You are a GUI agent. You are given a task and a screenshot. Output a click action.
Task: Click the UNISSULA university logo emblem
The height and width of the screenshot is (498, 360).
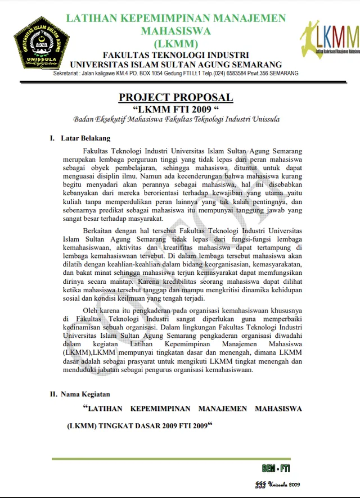pos(41,42)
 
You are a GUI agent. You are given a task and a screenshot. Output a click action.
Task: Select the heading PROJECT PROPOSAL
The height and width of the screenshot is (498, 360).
pos(175,97)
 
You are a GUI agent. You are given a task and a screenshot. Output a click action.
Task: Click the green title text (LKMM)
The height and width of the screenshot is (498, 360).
pos(175,43)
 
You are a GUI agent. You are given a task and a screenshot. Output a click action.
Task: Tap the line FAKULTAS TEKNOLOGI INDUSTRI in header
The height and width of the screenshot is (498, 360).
pos(175,55)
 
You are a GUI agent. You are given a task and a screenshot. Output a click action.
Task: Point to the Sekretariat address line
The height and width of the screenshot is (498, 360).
pos(175,74)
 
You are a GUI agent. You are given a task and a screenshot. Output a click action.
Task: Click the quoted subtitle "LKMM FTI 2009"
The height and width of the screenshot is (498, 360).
pos(175,109)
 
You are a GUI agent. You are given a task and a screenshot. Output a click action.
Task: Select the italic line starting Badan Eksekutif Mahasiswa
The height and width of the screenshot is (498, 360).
pos(175,119)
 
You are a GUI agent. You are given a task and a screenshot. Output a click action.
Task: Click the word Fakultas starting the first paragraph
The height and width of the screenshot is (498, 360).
pos(97,151)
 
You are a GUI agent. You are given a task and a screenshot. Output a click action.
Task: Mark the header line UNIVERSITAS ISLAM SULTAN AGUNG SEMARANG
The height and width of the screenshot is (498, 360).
pos(175,65)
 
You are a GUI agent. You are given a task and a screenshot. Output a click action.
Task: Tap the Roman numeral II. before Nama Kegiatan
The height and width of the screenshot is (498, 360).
pos(53,394)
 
